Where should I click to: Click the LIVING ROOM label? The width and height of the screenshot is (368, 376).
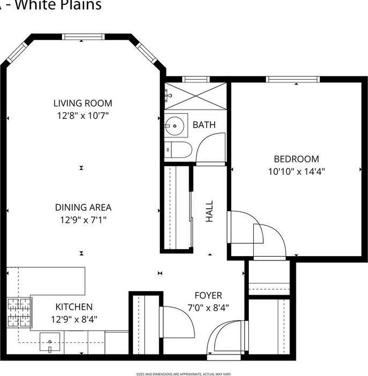click(83, 103)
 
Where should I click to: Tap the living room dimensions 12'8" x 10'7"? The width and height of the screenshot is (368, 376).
click(83, 115)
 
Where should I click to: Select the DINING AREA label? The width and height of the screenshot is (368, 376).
click(83, 208)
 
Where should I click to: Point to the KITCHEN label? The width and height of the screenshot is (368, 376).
click(74, 307)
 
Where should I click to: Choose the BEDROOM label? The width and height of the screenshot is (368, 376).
click(296, 159)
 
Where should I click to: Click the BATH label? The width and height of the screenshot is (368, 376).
click(204, 125)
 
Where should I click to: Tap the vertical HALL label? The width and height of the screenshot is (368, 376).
click(209, 212)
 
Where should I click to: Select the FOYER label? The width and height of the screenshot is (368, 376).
click(208, 295)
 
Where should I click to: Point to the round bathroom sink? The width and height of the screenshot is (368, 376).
click(175, 127)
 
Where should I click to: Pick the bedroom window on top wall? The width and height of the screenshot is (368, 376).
click(293, 80)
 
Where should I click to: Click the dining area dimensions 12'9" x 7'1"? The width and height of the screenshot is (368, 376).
click(83, 219)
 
